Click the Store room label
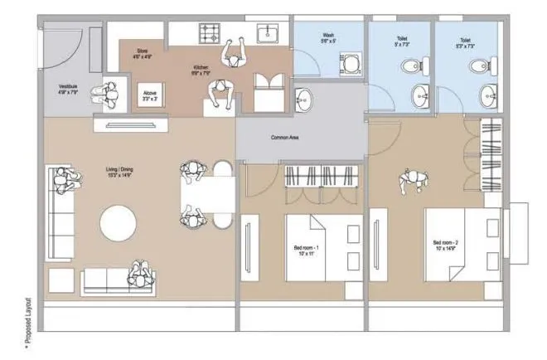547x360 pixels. tap(142, 55)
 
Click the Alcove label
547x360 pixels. tap(149, 95)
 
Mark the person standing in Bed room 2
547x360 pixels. tap(410, 180)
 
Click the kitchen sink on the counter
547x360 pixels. tap(269, 33)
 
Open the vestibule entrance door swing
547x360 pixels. tap(62, 51)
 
